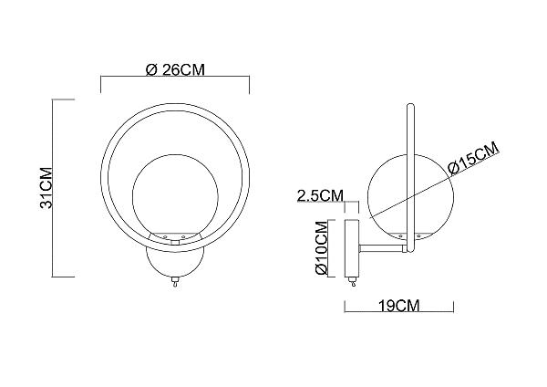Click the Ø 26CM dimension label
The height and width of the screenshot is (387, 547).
pos(175,70)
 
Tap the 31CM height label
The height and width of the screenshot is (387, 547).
pos(46,188)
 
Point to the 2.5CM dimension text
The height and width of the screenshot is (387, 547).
pos(320,195)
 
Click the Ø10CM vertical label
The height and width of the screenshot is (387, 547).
pos(321,247)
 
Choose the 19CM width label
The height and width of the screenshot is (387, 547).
pos(399,306)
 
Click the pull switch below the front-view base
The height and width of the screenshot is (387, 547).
pos(175,281)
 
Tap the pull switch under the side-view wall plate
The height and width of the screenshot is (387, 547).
pos(352,282)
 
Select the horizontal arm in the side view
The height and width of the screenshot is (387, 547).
pos(383,248)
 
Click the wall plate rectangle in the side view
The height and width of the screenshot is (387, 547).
pos(352,247)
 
